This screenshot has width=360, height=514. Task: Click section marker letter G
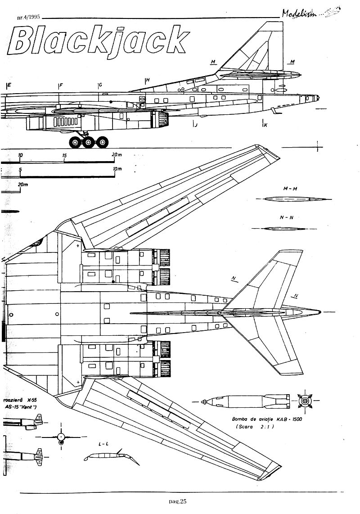pos(100,85)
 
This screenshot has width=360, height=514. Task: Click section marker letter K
pos(265,125)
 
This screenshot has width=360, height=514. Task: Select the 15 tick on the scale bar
pos(65,155)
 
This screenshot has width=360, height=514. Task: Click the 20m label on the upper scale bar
pos(116,155)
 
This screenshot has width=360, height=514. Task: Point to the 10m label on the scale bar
pos(117,169)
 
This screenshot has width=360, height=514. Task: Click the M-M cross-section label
pos(283,188)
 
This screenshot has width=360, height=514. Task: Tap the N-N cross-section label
pos(283,217)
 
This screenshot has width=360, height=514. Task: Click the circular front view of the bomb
pos(306,400)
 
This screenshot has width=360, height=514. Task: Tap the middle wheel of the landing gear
pos(88,143)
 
